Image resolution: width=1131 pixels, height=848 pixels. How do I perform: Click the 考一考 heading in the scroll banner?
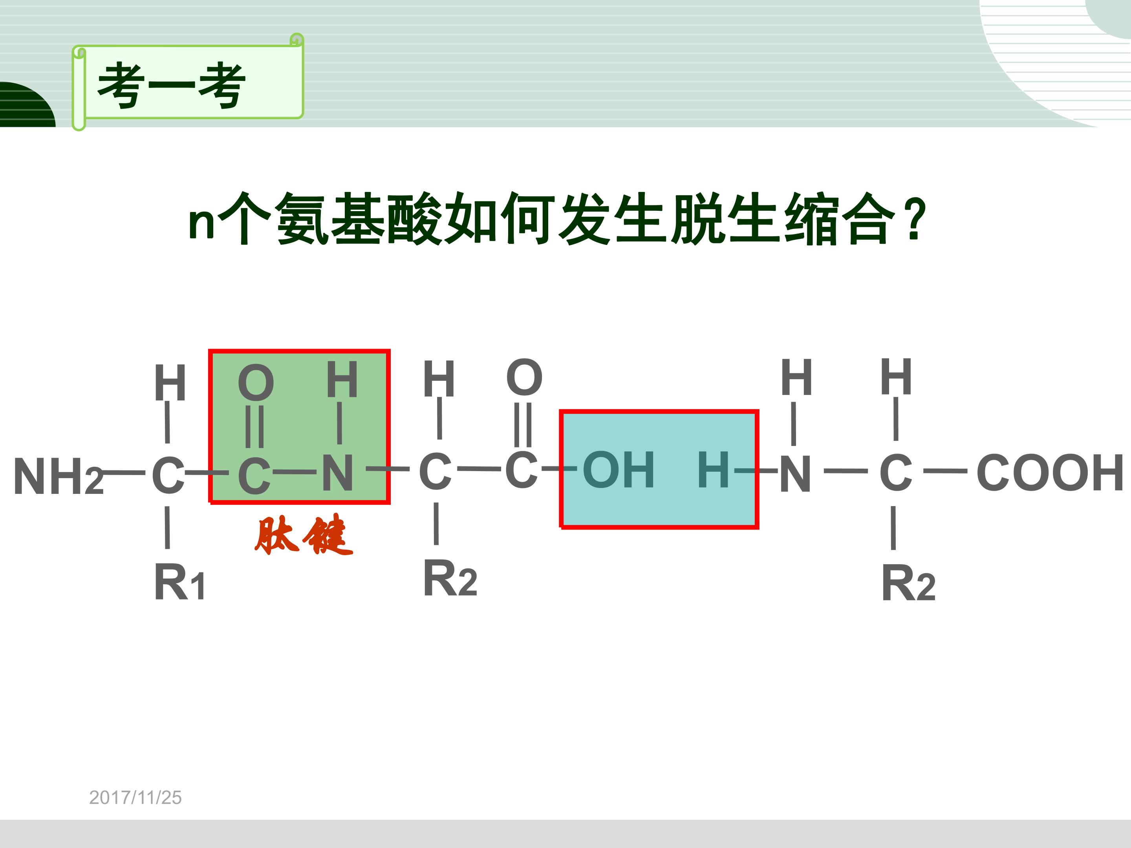(x=172, y=86)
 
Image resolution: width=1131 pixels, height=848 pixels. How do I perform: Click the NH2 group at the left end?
(x=58, y=476)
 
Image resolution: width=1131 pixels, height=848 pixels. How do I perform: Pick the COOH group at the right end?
(x=1049, y=472)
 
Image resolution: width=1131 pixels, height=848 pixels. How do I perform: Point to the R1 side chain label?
(x=179, y=582)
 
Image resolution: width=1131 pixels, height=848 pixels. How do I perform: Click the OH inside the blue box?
(x=618, y=469)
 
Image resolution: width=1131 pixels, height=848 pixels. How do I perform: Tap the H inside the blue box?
(x=713, y=469)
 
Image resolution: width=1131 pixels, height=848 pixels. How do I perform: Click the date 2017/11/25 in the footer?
(x=135, y=797)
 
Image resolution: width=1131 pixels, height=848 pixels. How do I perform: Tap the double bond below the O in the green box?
(x=254, y=426)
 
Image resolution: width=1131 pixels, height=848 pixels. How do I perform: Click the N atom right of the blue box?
(x=795, y=473)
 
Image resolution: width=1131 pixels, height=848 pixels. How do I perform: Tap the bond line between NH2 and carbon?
(x=124, y=472)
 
